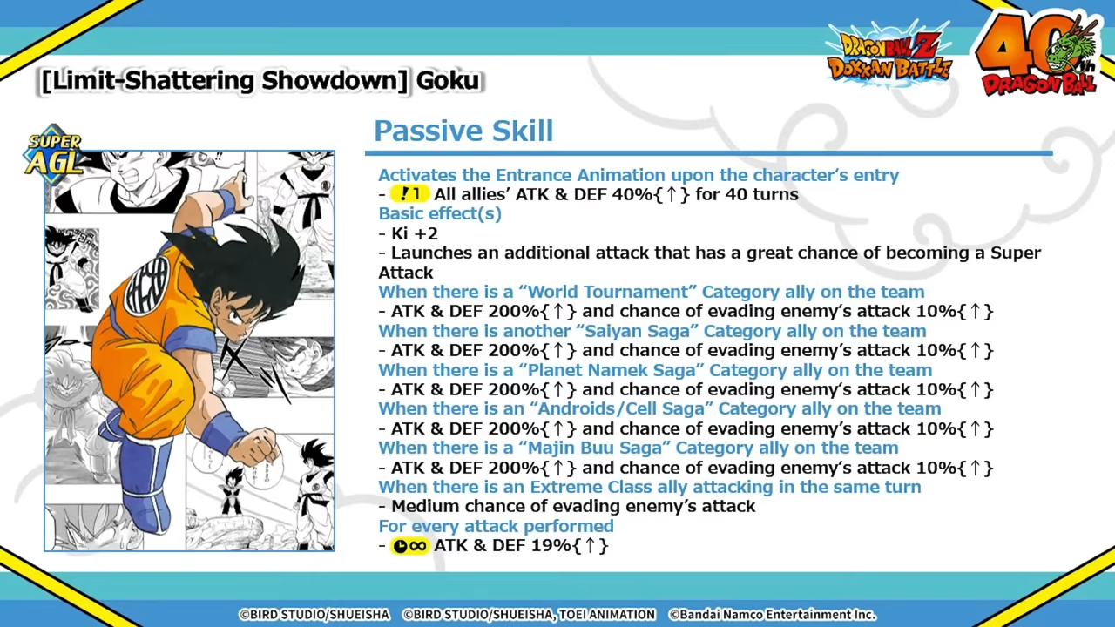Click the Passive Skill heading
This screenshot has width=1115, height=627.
(463, 131)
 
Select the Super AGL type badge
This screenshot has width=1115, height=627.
(54, 154)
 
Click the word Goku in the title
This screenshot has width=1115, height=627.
(448, 81)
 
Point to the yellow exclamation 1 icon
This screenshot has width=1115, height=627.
(409, 193)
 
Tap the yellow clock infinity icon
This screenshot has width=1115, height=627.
(409, 546)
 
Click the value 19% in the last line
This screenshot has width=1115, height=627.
(551, 545)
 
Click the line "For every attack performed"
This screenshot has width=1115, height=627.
(496, 526)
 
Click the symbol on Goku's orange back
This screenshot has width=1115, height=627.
(147, 284)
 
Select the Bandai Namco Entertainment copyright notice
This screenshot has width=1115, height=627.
(772, 615)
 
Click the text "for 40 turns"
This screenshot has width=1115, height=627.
(747, 194)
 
